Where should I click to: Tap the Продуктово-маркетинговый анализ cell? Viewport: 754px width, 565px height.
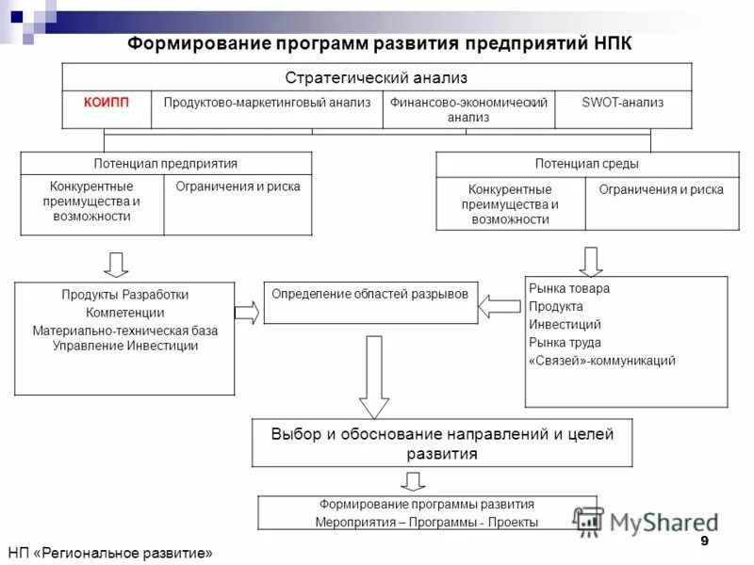point(267,102)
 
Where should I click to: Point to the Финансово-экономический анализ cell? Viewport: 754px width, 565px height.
point(468,109)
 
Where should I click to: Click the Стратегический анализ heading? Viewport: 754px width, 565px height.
point(376,77)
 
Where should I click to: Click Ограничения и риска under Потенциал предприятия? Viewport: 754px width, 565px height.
point(238,186)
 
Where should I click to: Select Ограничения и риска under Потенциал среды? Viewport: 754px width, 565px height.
point(661,190)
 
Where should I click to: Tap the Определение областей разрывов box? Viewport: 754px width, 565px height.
point(369,294)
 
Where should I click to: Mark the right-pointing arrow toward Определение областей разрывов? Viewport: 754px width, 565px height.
point(247,313)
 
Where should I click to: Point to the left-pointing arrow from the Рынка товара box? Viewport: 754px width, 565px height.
point(500,305)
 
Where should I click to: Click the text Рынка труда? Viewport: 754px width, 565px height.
point(565,343)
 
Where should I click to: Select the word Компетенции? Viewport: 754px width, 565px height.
point(124,313)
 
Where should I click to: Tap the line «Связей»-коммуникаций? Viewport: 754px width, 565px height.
point(601,361)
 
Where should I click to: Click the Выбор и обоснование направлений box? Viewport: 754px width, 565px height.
point(442,443)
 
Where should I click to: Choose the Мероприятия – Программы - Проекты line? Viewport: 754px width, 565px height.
point(427,522)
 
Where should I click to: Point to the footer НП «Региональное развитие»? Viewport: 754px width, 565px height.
point(110,553)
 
